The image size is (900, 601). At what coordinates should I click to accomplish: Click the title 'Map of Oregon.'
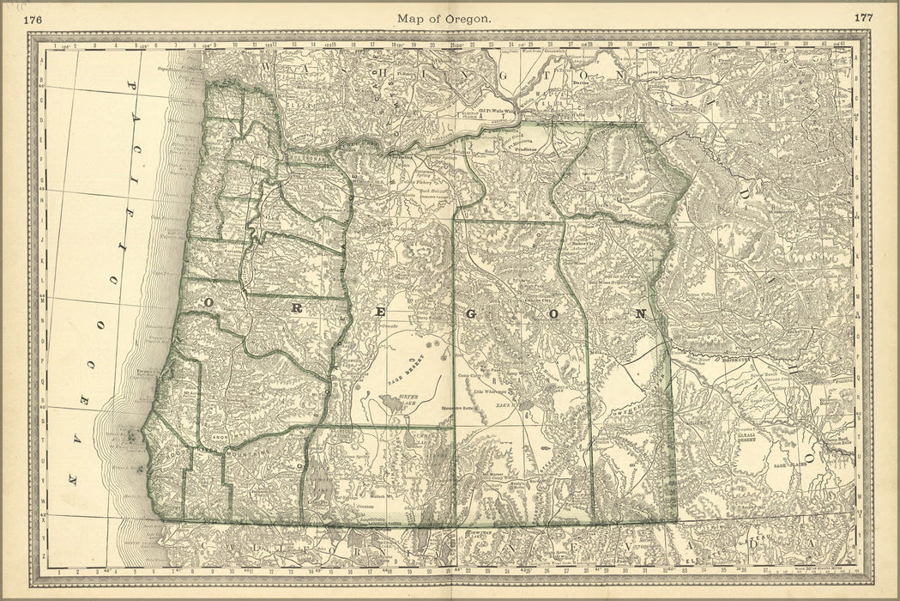pyautogui.click(x=444, y=17)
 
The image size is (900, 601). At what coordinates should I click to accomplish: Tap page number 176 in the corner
pyautogui.click(x=35, y=17)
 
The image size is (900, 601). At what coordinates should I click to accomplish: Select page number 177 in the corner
pyautogui.click(x=864, y=17)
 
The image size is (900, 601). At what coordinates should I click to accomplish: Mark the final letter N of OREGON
pyautogui.click(x=638, y=314)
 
